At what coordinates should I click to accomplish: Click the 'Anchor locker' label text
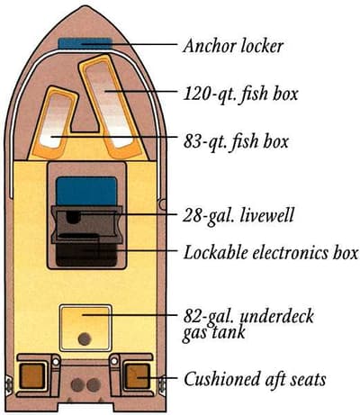coord(233,46)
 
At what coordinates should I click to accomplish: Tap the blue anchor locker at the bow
coord(85,43)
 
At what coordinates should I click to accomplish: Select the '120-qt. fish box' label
coord(240,94)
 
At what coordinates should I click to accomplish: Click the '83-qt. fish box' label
coord(236,141)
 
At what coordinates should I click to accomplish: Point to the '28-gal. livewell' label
coord(238,215)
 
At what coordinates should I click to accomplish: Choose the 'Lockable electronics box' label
coord(271,252)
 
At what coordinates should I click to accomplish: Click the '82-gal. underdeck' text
coord(248,316)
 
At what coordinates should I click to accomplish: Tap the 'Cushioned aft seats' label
coord(255,379)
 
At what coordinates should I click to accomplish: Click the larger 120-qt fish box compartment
coord(110,106)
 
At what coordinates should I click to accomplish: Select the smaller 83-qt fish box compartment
coord(55,122)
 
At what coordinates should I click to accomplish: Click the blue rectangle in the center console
coord(86,191)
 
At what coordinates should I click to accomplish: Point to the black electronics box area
coord(86,255)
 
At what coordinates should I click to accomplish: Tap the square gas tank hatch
coord(85,328)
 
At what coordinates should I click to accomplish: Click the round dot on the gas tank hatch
coord(85,339)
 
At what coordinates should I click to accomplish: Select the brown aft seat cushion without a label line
coord(32,376)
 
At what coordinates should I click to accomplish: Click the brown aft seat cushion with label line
coord(137,376)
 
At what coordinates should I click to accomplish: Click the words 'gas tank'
coord(214,332)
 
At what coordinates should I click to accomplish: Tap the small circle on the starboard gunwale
coord(162,204)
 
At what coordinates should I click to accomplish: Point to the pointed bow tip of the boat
coord(85,6)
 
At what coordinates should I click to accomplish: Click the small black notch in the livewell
coord(73,217)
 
